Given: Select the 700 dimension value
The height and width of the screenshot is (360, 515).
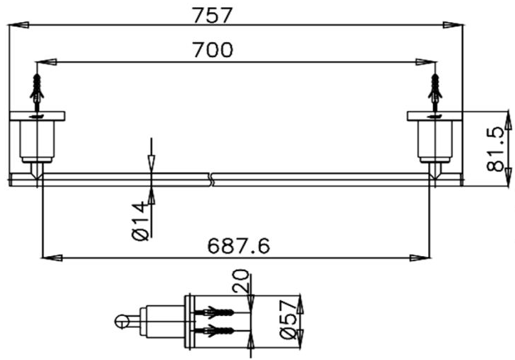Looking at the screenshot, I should coord(213,50).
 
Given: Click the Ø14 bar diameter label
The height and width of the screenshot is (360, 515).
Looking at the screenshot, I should coord(141,221).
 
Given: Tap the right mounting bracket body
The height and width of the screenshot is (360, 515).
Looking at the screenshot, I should coord(435,139).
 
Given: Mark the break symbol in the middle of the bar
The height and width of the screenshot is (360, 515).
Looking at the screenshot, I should coord(211,179).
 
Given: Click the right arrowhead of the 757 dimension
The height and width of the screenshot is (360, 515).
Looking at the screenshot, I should coord(452,26).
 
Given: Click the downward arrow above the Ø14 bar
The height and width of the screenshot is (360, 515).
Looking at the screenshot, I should coord(151,162).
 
